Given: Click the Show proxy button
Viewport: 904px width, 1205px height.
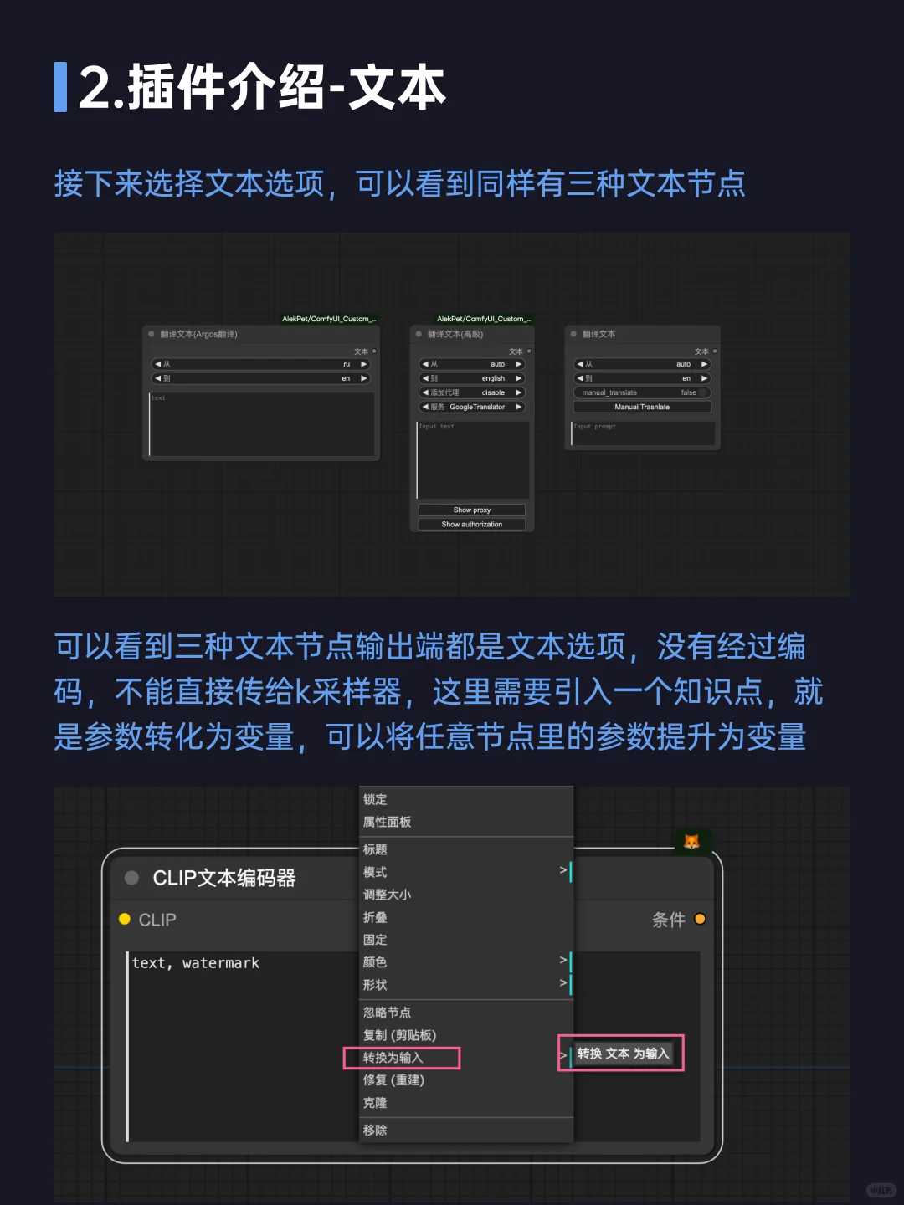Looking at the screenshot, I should coord(472,510).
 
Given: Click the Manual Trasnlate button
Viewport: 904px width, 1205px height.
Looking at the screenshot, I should coord(642,407).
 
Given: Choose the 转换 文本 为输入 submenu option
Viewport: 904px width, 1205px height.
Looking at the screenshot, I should coord(623,1054).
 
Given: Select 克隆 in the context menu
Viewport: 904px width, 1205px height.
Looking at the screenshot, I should coord(375,1103).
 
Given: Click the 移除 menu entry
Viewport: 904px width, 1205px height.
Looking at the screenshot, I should coord(375,1130).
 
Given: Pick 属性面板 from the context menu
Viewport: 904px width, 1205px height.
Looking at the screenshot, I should coord(387,822).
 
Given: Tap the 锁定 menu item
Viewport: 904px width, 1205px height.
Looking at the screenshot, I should coord(375,799).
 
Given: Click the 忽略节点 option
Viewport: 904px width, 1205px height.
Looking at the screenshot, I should coord(387,1013).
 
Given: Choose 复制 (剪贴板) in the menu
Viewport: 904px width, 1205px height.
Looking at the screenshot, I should coord(399,1035).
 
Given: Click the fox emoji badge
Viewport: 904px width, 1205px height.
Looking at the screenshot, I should coord(691,842).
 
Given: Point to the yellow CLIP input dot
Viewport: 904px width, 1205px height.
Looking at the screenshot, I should coord(125,919).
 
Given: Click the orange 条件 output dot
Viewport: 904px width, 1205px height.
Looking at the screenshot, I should coord(700,919).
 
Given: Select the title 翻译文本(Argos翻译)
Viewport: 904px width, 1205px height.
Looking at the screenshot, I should coord(199,334).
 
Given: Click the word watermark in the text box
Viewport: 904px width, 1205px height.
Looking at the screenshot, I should coord(221,963).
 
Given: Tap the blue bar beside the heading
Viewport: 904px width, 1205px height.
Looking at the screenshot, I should coord(60,87).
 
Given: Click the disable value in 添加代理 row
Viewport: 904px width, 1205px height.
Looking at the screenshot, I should coord(493,392).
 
